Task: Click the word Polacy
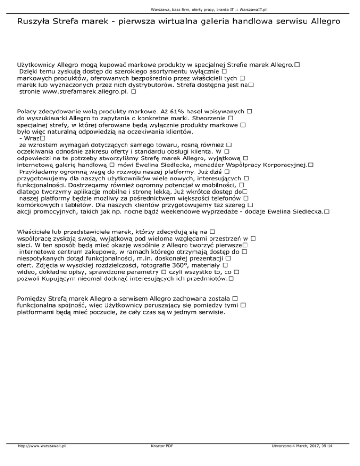28,112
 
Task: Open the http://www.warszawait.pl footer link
41,459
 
